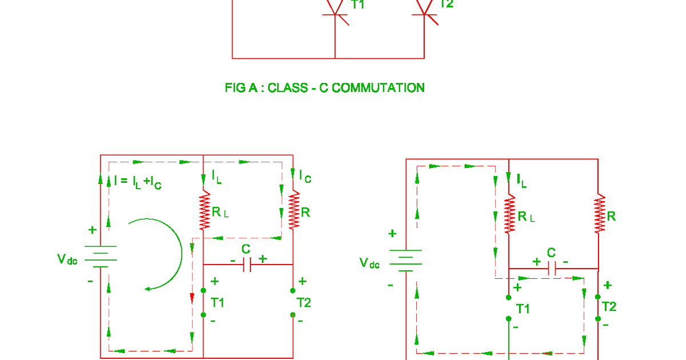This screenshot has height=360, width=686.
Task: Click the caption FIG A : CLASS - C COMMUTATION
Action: (x=325, y=88)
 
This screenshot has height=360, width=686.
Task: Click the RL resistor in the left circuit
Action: (x=204, y=211)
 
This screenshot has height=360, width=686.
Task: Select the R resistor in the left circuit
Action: (x=293, y=210)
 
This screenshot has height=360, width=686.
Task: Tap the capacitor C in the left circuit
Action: (x=247, y=265)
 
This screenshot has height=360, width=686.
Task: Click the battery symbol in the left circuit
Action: (x=101, y=257)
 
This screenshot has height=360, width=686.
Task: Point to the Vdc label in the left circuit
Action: (x=67, y=259)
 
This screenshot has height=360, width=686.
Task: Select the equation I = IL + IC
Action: (x=137, y=182)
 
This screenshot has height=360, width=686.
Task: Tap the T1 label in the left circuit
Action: (x=218, y=302)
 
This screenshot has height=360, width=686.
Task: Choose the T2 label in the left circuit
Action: (x=304, y=302)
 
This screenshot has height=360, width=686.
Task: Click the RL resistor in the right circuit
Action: (x=509, y=214)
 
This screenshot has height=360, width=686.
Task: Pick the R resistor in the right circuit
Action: (x=599, y=214)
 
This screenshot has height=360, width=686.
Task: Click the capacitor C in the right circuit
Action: (x=552, y=268)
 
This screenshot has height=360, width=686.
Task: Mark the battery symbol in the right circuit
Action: (x=406, y=260)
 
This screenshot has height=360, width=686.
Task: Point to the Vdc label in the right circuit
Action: (x=369, y=263)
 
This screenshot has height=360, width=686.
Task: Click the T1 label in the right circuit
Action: (x=523, y=309)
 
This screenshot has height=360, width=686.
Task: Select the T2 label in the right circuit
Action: (x=609, y=307)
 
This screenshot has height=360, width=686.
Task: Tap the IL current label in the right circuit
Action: (x=521, y=181)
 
